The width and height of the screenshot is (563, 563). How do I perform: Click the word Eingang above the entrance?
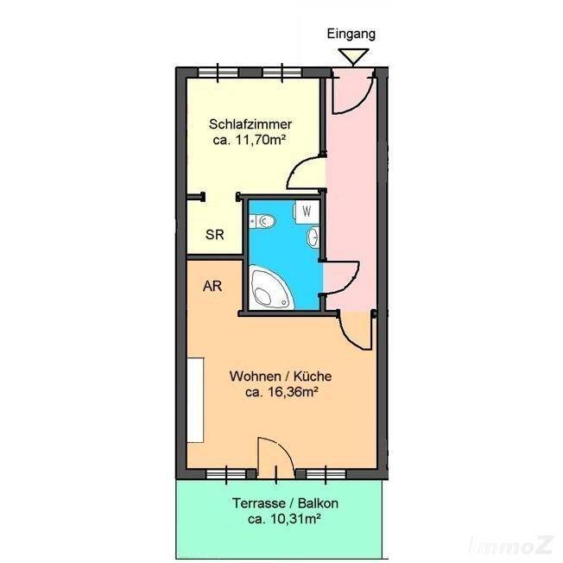click(x=351, y=35)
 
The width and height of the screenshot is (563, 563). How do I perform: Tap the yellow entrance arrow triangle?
click(x=354, y=56)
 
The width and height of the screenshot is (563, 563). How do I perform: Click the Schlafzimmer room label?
click(x=250, y=124)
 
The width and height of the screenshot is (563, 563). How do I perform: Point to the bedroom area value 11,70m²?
click(x=260, y=140)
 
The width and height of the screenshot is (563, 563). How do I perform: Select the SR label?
click(x=215, y=235)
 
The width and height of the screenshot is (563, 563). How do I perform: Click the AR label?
click(x=212, y=286)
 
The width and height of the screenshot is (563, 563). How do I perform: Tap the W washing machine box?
click(x=307, y=212)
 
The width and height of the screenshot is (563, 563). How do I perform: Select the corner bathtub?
click(x=270, y=288)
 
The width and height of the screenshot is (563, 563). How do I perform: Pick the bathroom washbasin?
click(x=313, y=237)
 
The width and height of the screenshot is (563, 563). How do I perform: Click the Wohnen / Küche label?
click(x=281, y=376)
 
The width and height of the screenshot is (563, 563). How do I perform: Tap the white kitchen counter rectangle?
click(x=196, y=400)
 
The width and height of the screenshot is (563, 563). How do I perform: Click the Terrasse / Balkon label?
click(x=285, y=503)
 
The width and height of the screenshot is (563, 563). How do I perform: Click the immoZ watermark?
click(x=511, y=546)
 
